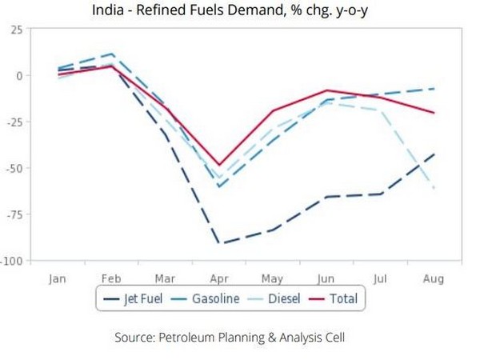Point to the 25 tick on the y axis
pos(16,30)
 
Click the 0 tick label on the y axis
pos(19,75)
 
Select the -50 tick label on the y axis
pos(14,168)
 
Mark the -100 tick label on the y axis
pos(11,261)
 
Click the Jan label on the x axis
pos(58,278)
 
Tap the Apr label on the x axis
pos(219,278)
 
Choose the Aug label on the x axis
pos(434,278)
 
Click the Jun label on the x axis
pos(326,278)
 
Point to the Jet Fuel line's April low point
pos(219,243)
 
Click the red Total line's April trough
pos(219,165)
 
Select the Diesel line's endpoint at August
pos(434,189)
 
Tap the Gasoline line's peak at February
pos(113,54)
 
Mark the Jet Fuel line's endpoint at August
pos(434,154)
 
